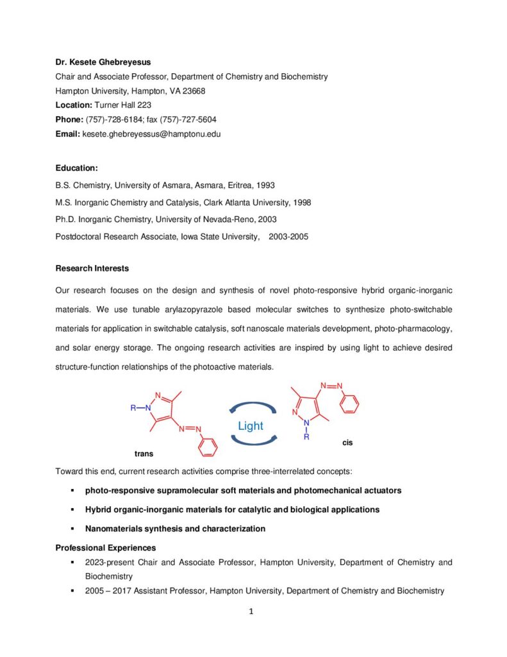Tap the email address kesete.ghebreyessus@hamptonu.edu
(151, 133)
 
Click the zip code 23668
(193, 91)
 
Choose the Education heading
(76, 168)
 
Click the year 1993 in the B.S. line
(265, 185)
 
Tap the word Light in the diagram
(250, 426)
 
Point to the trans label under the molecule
(144, 454)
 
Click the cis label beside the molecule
(347, 443)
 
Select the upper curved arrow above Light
(253, 408)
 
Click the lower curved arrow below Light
(253, 441)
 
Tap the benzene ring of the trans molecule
(208, 447)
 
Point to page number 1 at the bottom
(252, 611)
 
